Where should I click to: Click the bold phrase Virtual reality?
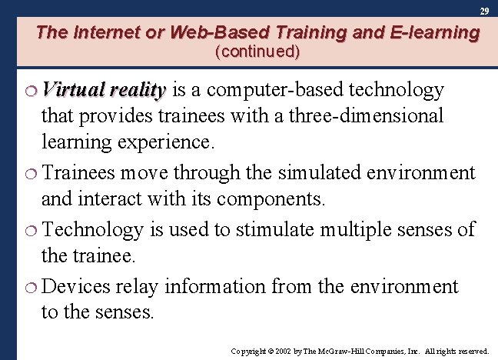(x=105, y=91)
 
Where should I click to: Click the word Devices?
(x=78, y=286)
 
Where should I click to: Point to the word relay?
(x=138, y=286)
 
